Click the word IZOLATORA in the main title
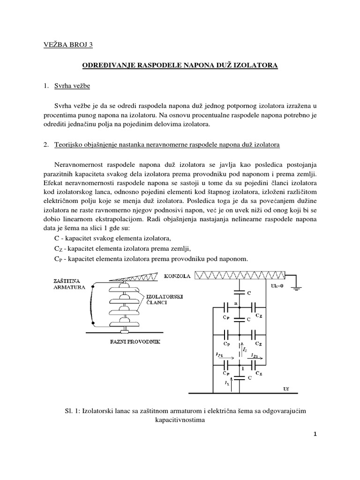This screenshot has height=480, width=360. pos(256,67)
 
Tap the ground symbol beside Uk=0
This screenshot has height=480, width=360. pos(296,287)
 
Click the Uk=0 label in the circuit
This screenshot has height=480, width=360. pos(274,285)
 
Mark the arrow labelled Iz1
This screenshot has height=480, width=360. pos(255,358)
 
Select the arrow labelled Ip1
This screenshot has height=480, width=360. pos(222,358)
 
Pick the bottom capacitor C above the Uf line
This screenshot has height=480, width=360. pos(240,377)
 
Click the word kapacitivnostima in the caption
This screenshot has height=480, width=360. pos(180,420)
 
